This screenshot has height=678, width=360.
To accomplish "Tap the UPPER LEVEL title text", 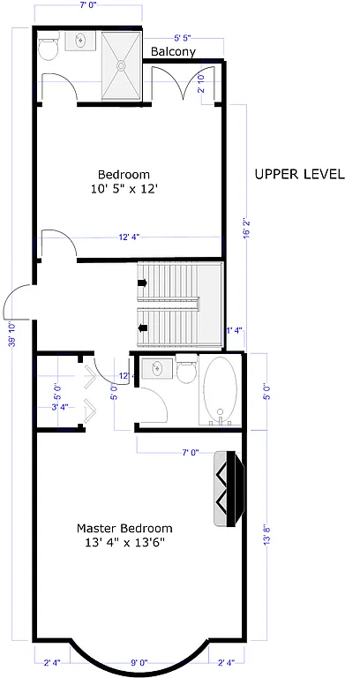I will click(299, 174).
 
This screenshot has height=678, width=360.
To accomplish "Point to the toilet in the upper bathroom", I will click(49, 46).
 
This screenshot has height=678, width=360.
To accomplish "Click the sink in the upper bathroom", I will click(81, 41).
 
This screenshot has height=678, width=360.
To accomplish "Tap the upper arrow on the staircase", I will click(142, 284).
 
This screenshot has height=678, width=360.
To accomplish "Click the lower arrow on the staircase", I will click(142, 328).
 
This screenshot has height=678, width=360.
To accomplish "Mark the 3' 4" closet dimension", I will click(61, 407).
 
